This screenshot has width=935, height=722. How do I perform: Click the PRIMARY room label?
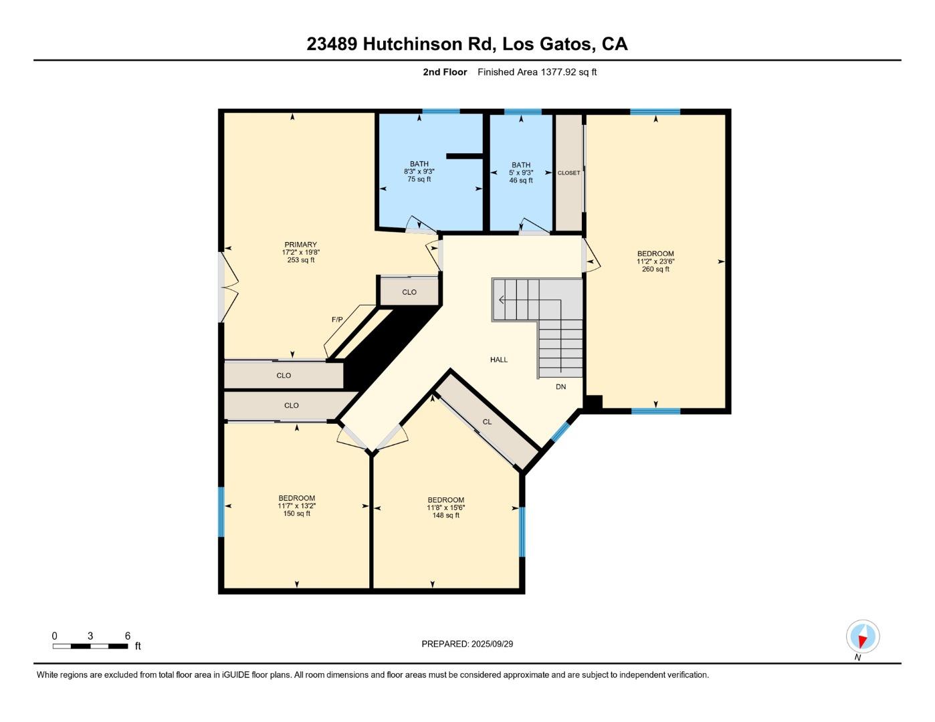[x=300, y=245]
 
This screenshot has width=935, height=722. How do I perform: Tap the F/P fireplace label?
[x=337, y=320]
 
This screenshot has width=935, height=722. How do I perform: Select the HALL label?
[x=499, y=360]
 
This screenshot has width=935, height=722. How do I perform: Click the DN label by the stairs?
[x=560, y=386]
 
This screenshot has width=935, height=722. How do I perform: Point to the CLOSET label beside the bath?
[x=569, y=173]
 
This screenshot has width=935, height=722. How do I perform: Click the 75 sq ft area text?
[x=419, y=179]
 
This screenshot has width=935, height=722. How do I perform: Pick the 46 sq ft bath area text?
[x=521, y=180]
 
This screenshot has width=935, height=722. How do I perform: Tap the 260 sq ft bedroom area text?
[x=655, y=269]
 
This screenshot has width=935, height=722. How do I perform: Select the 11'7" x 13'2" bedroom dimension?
[x=297, y=506]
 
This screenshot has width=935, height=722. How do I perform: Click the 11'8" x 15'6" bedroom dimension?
[x=446, y=508]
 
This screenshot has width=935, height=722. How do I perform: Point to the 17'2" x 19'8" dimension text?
[x=300, y=253]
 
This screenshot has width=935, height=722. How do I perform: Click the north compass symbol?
[x=863, y=636]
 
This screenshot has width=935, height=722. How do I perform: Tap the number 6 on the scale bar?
[x=127, y=636]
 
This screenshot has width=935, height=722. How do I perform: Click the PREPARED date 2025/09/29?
[x=492, y=644]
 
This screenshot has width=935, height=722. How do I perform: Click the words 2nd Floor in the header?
[x=445, y=72]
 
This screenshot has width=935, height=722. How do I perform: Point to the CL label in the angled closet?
[x=487, y=422]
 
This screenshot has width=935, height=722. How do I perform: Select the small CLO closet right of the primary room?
[x=409, y=292]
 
